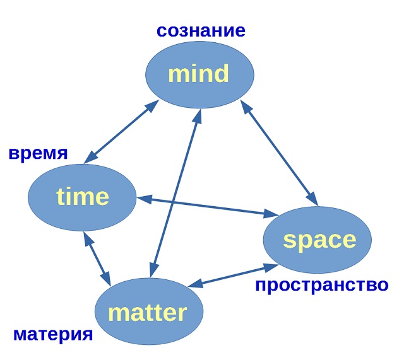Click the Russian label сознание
click(x=201, y=30)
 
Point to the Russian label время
click(x=38, y=153)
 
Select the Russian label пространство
click(x=321, y=285)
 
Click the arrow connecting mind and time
click(x=121, y=131)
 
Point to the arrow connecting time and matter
click(x=97, y=258)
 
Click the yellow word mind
click(x=198, y=74)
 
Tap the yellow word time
click(x=83, y=197)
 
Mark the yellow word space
click(x=319, y=240)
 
